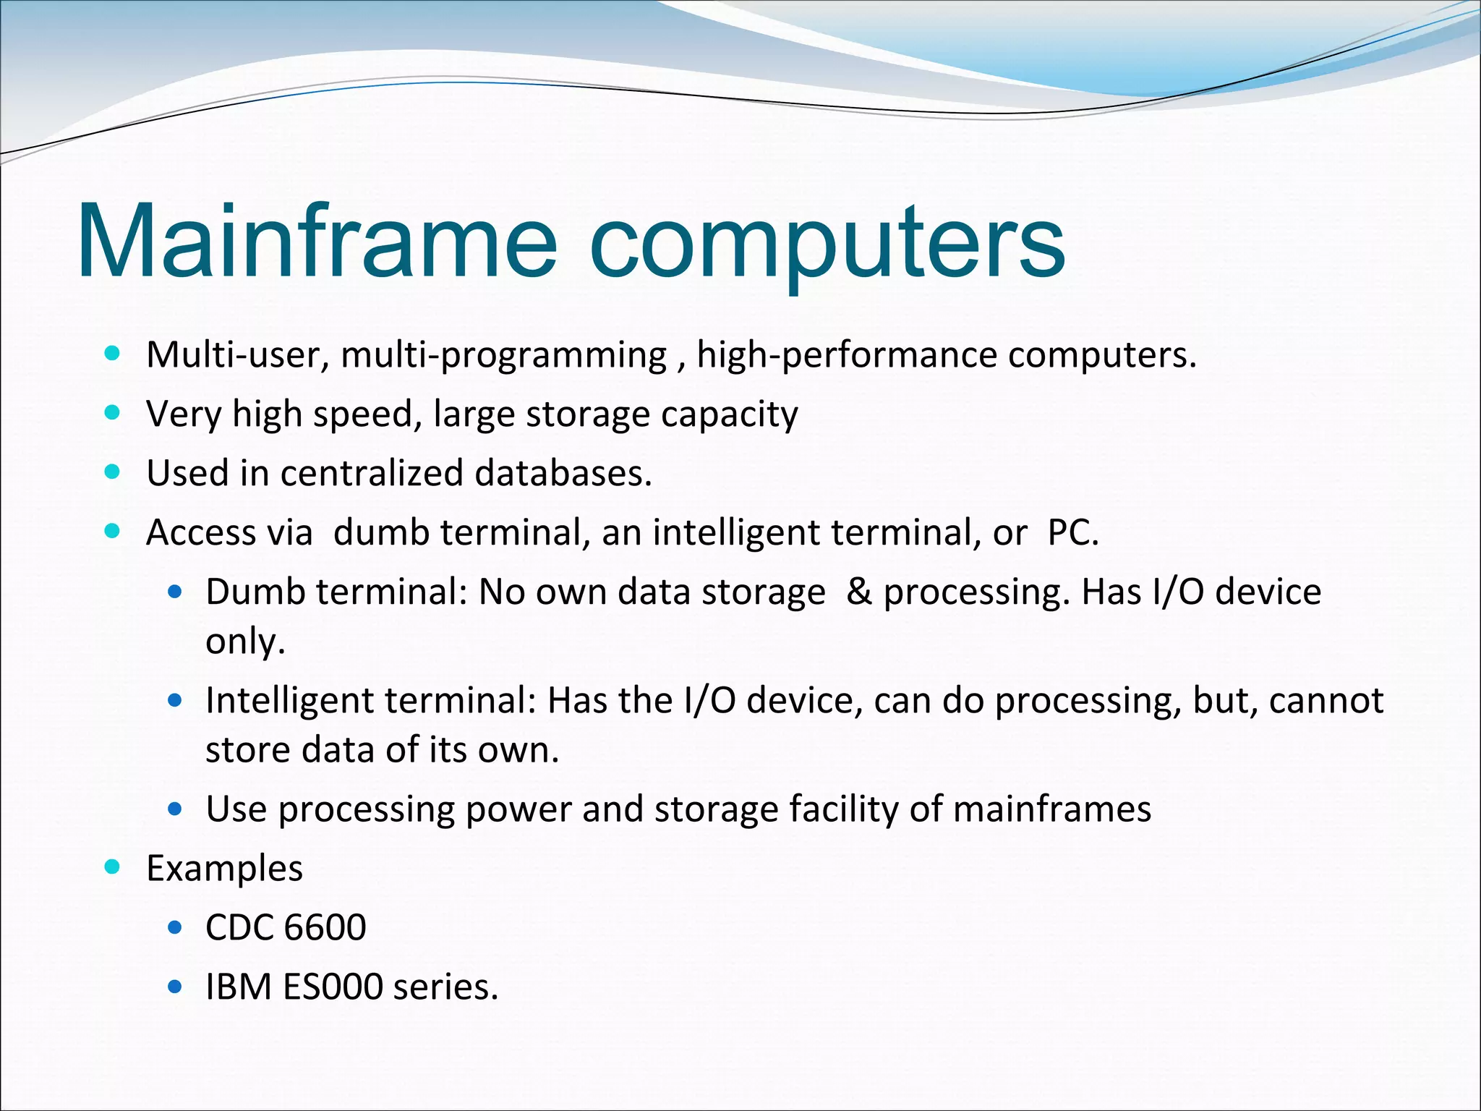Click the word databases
(x=563, y=473)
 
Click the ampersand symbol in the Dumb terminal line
(x=858, y=592)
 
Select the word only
(x=245, y=641)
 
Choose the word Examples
(x=224, y=868)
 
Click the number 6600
(x=325, y=927)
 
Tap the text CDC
(x=239, y=927)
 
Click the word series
(x=445, y=987)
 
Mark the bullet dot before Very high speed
(x=112, y=413)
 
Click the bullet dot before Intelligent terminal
(x=174, y=700)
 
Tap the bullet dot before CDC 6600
(x=174, y=927)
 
